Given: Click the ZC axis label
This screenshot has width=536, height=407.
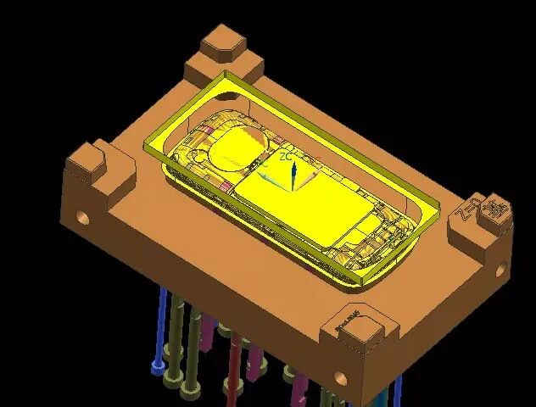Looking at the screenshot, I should [287, 157].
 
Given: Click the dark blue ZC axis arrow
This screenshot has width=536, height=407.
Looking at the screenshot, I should [293, 176].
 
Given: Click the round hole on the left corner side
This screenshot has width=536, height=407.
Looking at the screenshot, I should [82, 215].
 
